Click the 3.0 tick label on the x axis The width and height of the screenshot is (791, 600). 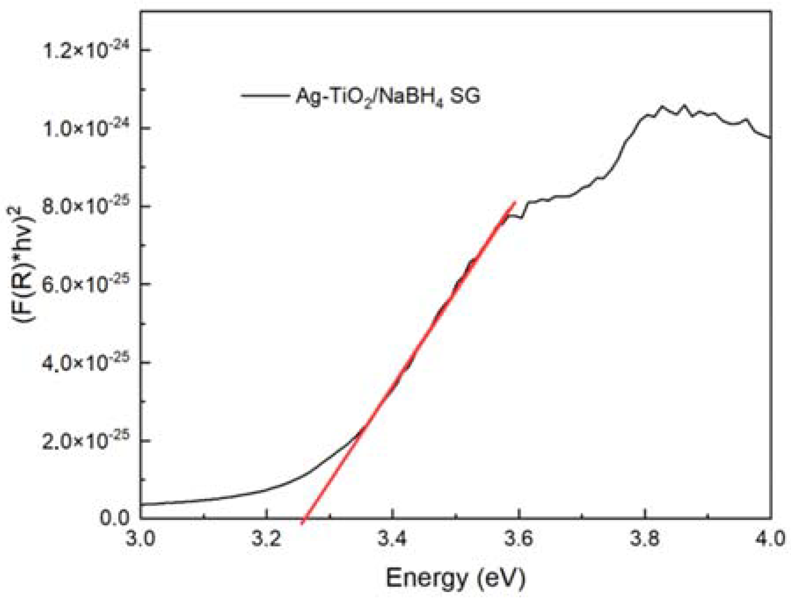coord(140,538)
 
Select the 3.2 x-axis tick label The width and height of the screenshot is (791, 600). coord(266,538)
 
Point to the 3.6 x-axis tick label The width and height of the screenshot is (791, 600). coord(519,538)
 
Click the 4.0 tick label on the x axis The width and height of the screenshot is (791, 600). coord(770,538)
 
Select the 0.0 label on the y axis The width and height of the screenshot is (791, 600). coord(114,517)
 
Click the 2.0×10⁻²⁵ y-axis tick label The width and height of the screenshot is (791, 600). coord(86,440)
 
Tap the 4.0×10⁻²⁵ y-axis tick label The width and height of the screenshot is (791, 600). coord(86,362)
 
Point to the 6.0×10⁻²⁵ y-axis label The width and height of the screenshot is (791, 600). coord(86,284)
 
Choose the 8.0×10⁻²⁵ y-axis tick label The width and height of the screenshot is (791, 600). coord(86,206)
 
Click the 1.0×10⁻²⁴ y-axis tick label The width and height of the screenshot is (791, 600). coord(86,128)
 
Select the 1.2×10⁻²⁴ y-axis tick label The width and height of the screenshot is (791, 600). coord(86,50)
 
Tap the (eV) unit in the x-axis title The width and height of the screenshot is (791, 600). coord(502,578)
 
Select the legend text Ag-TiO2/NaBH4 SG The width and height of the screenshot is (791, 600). coord(387,96)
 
